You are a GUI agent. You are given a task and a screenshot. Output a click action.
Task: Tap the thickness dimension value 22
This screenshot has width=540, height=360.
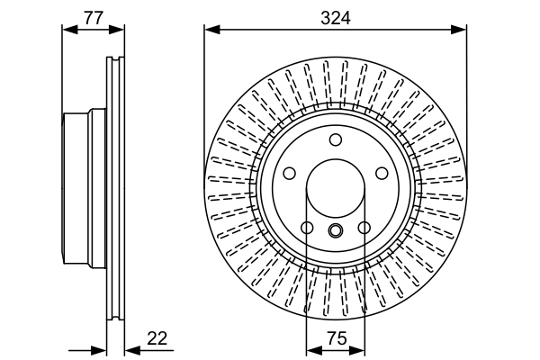[157, 338]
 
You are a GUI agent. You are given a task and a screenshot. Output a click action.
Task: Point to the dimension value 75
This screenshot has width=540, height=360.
[336, 338]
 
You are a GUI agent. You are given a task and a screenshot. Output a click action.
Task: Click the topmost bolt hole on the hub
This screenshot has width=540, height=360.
[336, 139]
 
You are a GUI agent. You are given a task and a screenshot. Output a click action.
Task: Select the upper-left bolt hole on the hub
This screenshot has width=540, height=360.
[290, 173]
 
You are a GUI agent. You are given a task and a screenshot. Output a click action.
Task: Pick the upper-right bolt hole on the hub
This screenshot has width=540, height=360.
[382, 173]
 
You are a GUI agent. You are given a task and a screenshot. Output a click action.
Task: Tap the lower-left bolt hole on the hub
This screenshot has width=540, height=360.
[307, 228]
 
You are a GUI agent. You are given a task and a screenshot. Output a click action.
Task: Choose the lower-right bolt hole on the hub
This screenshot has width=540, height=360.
[364, 228]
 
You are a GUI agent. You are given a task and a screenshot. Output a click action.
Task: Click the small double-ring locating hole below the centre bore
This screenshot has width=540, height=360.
[336, 231]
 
